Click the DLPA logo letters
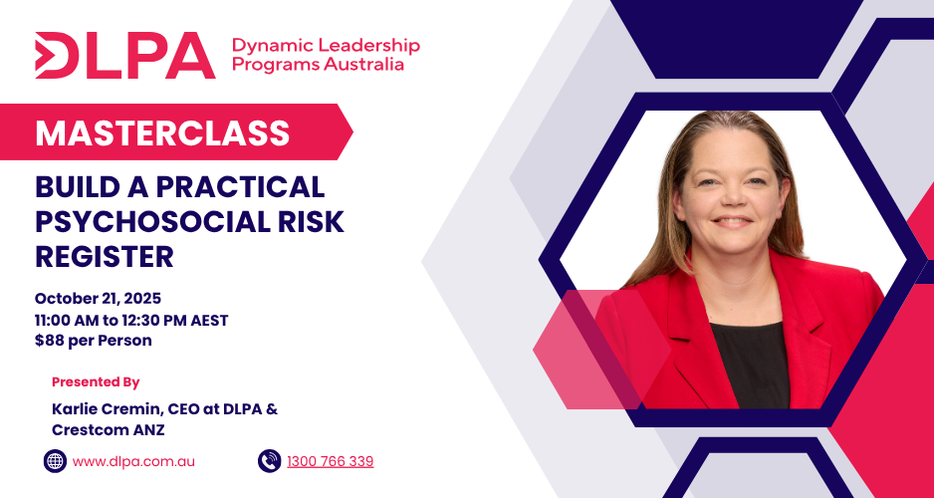point(125,56)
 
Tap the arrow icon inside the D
point(44,56)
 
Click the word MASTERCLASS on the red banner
point(162,132)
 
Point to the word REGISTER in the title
point(105,257)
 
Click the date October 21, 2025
point(98,299)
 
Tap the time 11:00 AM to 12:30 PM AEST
point(131,320)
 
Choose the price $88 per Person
point(93,342)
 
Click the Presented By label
point(96,381)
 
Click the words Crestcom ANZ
point(108,430)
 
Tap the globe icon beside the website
point(55,461)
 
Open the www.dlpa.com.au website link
point(133,462)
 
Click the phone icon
point(269,461)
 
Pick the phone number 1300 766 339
point(330,461)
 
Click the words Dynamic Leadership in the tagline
point(326,45)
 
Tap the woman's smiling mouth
point(732,222)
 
